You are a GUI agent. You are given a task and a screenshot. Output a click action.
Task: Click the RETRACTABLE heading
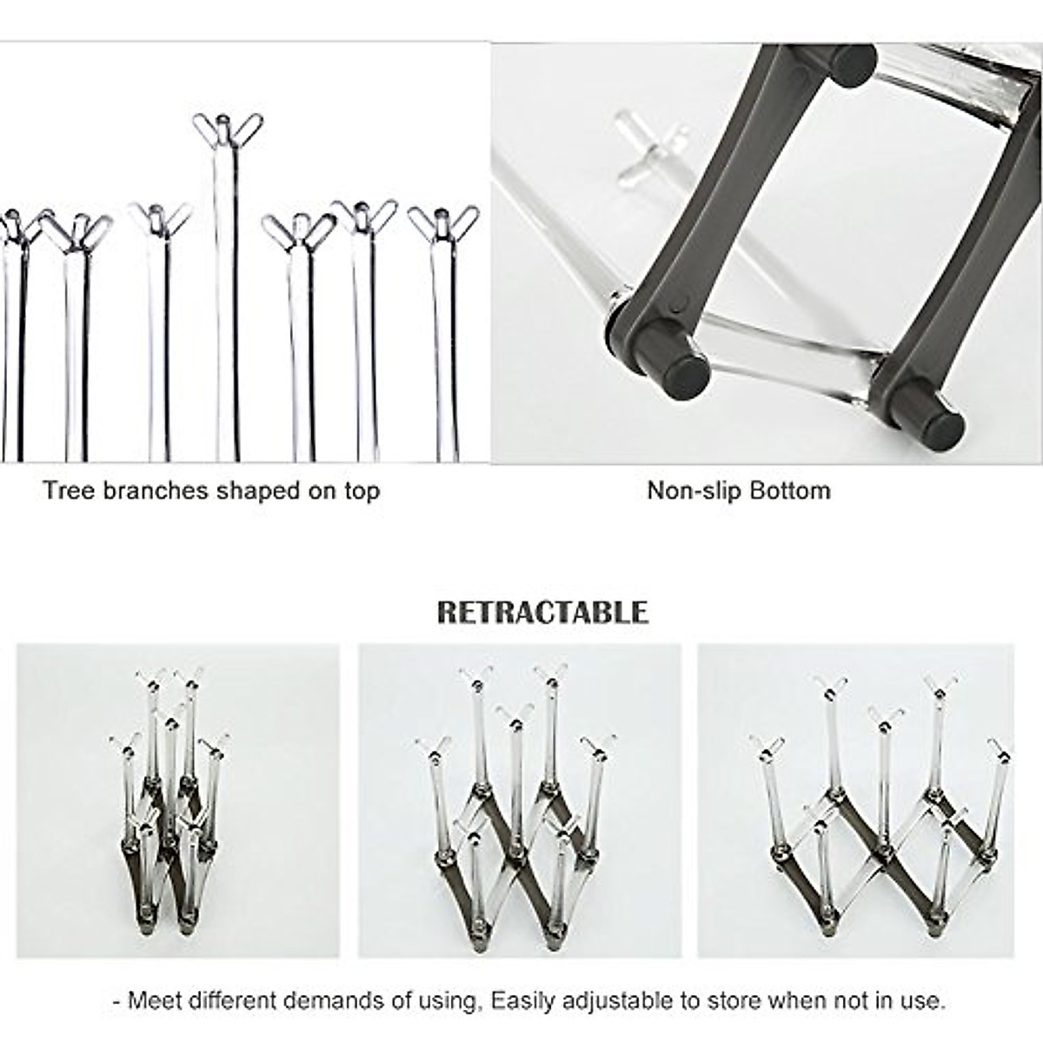pyautogui.click(x=542, y=612)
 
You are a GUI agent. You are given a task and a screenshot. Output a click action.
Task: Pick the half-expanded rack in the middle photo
pyautogui.click(x=519, y=800)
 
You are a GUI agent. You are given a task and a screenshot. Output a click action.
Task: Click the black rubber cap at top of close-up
pyautogui.click(x=852, y=64)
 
